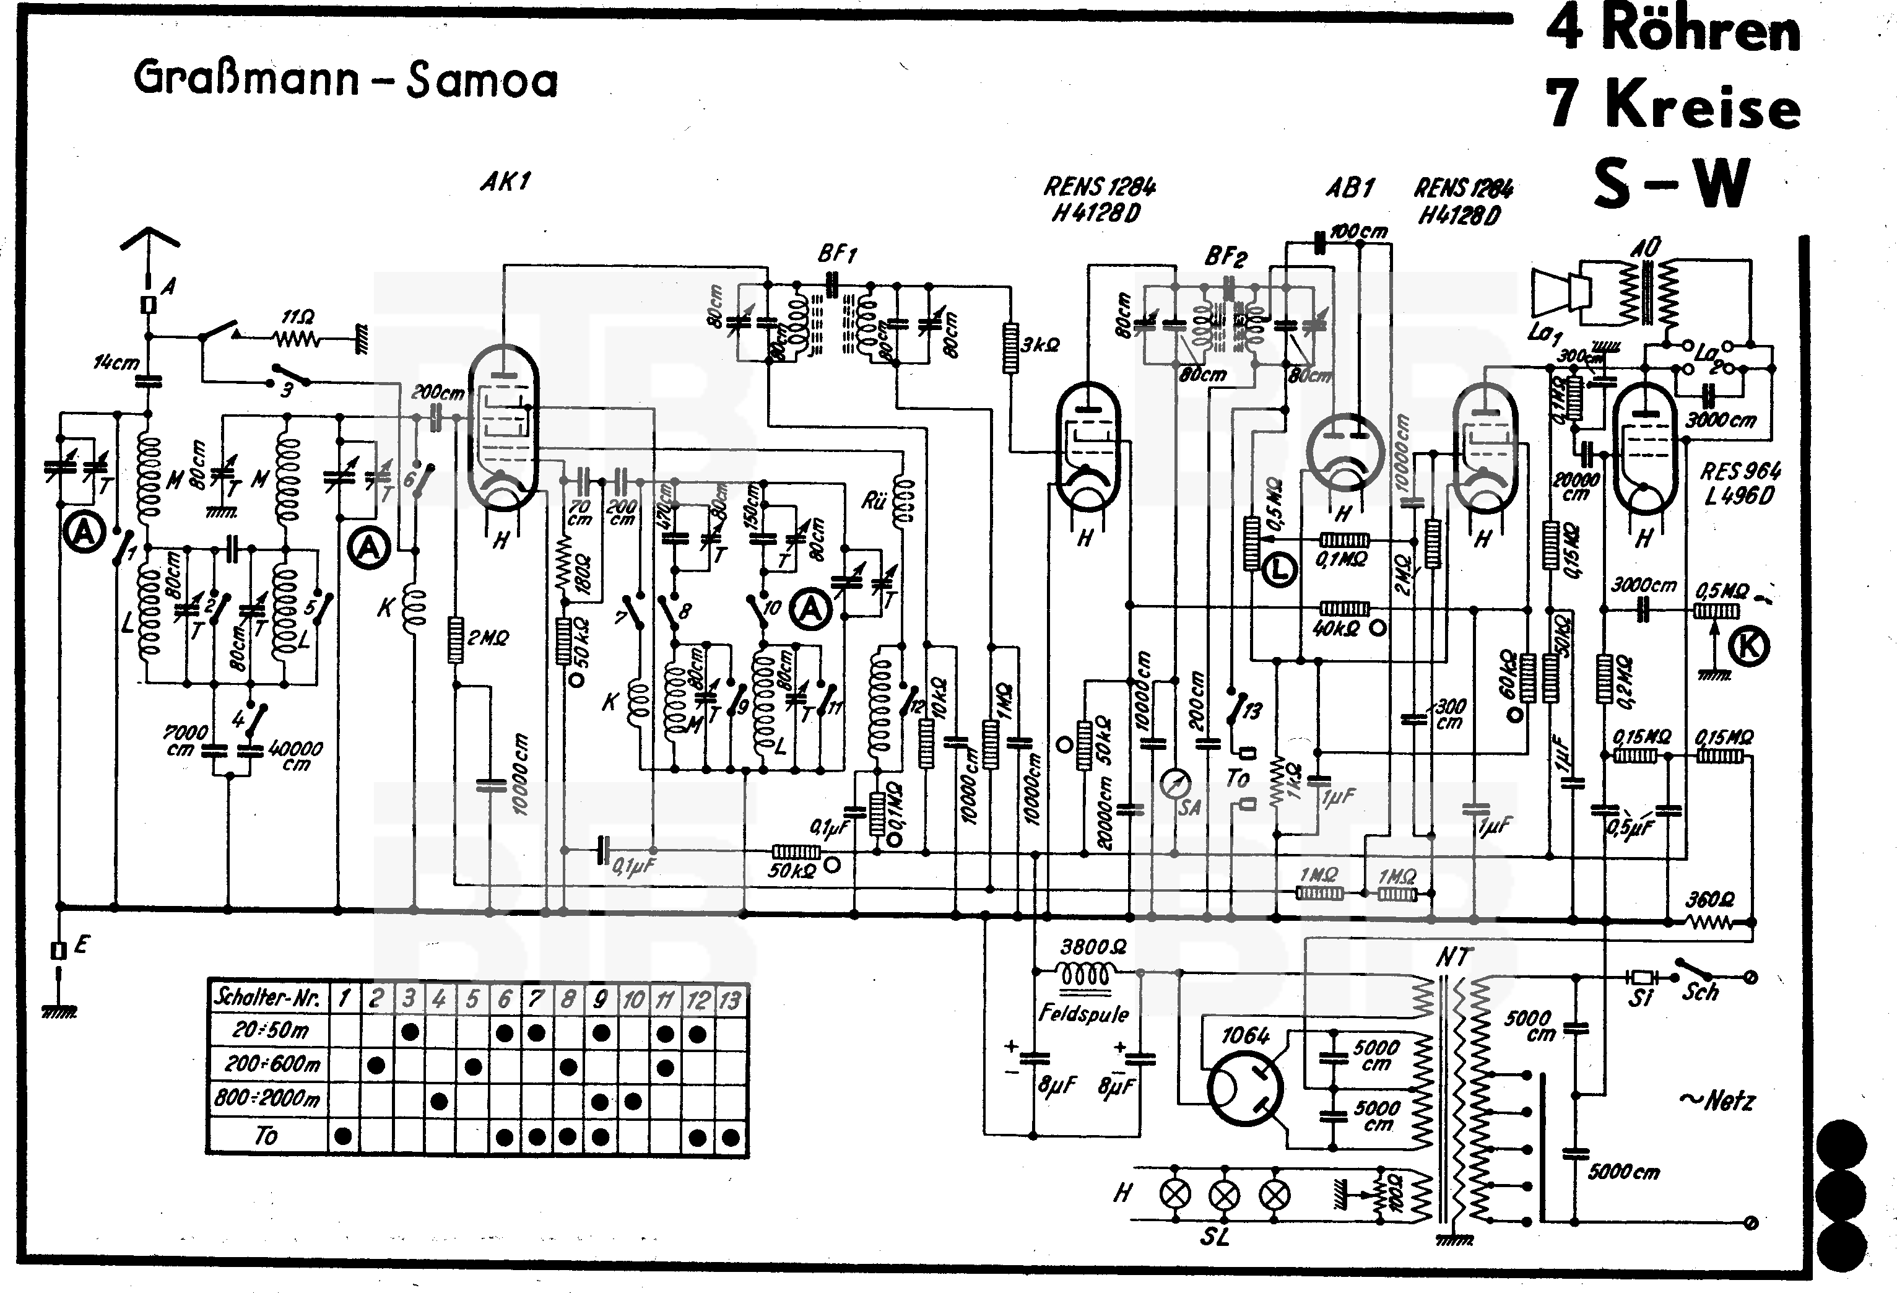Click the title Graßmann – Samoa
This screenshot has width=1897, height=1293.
[x=345, y=80]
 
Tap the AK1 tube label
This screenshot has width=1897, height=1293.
[x=505, y=181]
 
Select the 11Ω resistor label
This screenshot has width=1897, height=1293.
[x=297, y=316]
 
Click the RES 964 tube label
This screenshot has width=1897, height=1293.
[x=1740, y=471]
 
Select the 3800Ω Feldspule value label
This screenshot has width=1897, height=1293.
[x=1093, y=947]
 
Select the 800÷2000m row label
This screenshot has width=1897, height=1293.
[x=267, y=1099]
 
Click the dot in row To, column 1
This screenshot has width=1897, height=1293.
[x=344, y=1136]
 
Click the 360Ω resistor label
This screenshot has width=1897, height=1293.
[x=1710, y=900]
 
